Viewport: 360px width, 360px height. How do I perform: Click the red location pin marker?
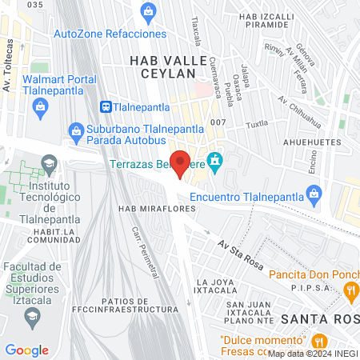181,163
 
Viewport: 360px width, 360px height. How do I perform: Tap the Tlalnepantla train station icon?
106,106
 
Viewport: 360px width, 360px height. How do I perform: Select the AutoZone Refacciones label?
110,34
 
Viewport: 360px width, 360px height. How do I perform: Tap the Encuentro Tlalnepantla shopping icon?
314,194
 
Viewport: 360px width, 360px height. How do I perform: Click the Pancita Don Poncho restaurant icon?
351,293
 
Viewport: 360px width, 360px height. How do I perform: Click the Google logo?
26,350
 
